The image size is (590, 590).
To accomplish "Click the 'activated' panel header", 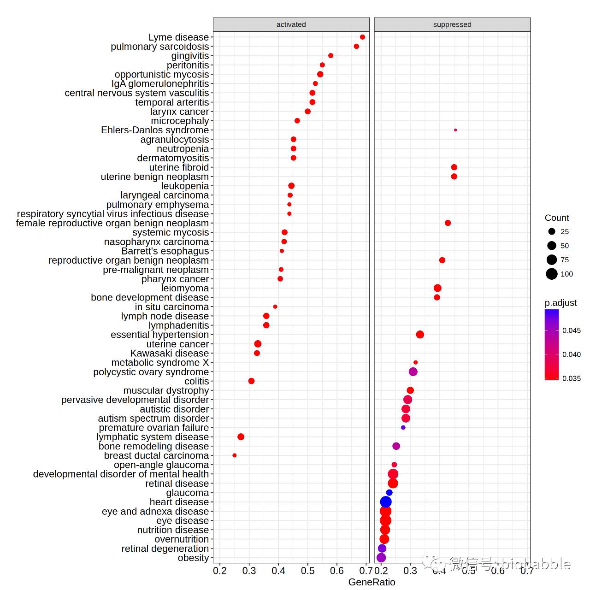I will [291, 24].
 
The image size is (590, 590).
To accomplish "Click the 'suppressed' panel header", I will [452, 24].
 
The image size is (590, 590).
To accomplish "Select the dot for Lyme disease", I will [362, 37].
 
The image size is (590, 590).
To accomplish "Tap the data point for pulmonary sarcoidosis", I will [356, 47].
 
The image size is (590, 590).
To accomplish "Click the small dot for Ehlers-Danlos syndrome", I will [455, 130].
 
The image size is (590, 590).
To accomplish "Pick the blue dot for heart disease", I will [386, 502].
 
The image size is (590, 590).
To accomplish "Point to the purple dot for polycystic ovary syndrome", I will [413, 372].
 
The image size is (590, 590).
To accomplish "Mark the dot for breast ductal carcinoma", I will [235, 455].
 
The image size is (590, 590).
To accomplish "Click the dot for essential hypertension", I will [420, 335].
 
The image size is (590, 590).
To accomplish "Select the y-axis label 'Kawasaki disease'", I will [169, 354].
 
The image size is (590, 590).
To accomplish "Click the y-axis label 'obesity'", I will [193, 558].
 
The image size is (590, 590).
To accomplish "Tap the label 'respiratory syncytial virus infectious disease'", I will [113, 214].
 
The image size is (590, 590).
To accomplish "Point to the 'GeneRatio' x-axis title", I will [372, 582].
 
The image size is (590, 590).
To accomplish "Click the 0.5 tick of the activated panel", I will [308, 571].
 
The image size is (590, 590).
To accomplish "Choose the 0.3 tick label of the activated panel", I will [249, 571].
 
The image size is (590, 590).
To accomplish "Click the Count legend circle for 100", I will [552, 274].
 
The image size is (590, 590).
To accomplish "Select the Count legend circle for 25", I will [552, 231].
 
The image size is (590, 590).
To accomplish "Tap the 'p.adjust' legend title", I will [560, 303].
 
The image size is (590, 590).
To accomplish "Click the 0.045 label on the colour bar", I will [572, 330].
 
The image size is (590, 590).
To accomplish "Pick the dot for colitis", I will [251, 381].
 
